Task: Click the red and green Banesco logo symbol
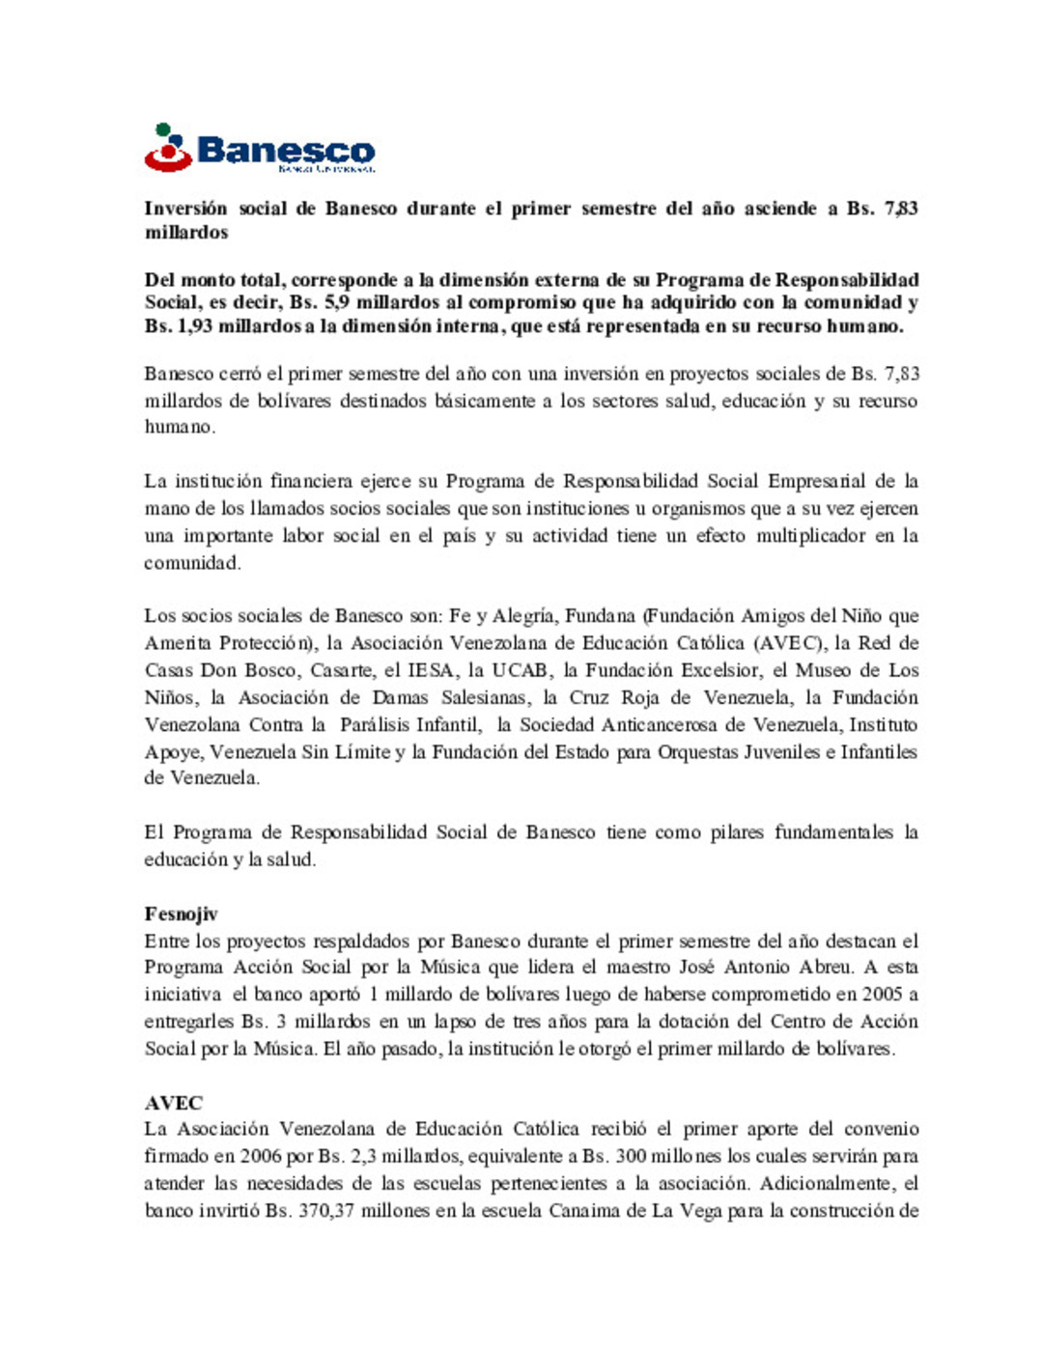tap(168, 149)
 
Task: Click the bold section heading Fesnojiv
tap(181, 914)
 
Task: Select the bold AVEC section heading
tap(174, 1103)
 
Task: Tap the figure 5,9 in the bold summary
tap(330, 302)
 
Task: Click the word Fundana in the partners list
tap(600, 616)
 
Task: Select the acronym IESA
tap(431, 670)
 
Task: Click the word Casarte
tap(340, 670)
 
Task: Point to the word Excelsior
tap(719, 670)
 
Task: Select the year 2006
tap(261, 1157)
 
